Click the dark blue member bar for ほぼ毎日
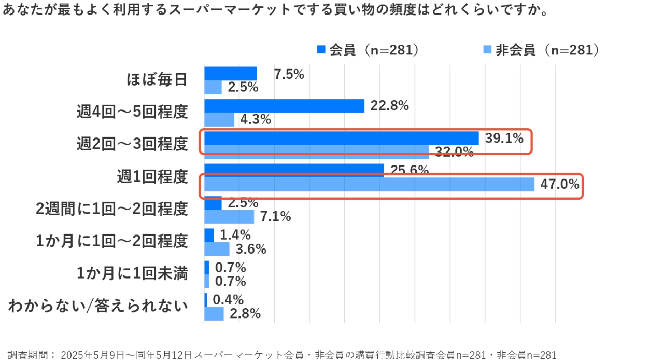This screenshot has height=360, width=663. coord(230,74)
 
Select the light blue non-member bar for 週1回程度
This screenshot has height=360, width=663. coord(369,184)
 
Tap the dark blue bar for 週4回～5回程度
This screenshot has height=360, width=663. coord(284,106)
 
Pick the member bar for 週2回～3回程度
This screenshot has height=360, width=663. coord(341,138)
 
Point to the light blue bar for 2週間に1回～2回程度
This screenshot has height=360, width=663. coord(229,216)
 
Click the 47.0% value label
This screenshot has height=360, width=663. coord(560,184)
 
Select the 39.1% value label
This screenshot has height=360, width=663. coord(504,139)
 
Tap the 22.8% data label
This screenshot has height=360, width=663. coord(389,106)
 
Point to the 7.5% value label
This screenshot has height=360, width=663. coord(289,74)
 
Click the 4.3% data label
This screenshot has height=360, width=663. coord(256,119)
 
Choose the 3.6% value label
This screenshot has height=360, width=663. coord(251,249)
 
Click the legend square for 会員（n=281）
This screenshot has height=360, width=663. coord(321,50)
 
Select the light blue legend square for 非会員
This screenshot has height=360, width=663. coord(487,50)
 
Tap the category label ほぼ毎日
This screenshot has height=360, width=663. coord(157,80)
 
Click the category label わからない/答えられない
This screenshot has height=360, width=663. coord(98,306)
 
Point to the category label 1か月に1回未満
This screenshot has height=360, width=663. coord(132,273)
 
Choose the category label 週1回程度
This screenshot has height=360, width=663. coord(152,177)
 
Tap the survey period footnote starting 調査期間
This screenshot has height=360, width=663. coord(282,355)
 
